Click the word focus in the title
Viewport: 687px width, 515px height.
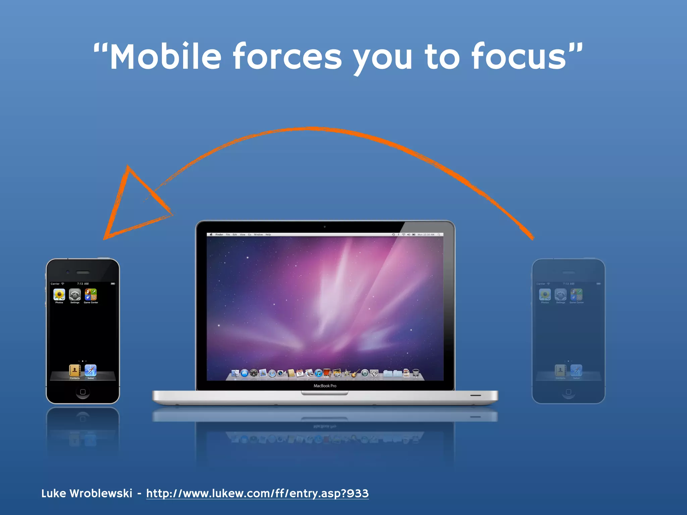[x=519, y=57]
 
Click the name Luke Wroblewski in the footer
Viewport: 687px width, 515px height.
[x=87, y=493]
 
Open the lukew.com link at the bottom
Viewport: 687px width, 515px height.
[x=257, y=493]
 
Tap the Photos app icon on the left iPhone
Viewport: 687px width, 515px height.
[x=59, y=295]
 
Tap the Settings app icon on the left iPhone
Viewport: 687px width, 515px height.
[x=75, y=295]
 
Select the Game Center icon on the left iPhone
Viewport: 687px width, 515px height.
[x=91, y=295]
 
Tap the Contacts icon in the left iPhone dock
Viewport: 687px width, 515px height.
[x=74, y=370]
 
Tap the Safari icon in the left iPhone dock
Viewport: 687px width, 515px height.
[x=91, y=370]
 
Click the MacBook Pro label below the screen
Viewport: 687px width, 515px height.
[x=325, y=386]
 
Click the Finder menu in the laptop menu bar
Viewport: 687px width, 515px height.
[x=219, y=235]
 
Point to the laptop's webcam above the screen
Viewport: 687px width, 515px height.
[x=325, y=227]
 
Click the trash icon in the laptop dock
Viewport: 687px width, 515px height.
[x=416, y=373]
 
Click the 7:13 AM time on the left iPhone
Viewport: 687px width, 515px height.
[x=83, y=284]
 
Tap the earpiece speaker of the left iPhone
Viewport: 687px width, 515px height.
[x=83, y=272]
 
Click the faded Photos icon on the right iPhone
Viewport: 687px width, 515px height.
[x=545, y=295]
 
